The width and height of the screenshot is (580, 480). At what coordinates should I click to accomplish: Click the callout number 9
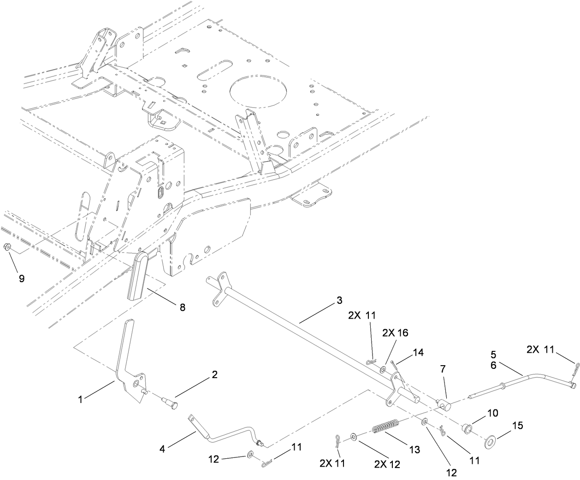tap(21, 279)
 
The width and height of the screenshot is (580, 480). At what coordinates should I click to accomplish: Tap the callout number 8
tap(182, 307)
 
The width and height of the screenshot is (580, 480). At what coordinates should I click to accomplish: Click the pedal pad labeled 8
tap(142, 275)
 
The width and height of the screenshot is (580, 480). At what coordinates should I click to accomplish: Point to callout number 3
tap(339, 300)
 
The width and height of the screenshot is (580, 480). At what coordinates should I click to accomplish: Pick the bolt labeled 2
tap(173, 393)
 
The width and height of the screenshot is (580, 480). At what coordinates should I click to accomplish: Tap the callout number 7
tap(443, 369)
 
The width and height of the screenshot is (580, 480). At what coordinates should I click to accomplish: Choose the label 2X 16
tap(396, 333)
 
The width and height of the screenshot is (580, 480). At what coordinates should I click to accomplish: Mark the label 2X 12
tap(387, 464)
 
